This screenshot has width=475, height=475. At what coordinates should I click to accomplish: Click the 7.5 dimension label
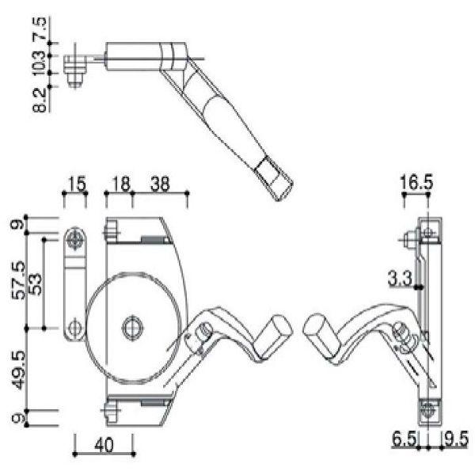(40, 28)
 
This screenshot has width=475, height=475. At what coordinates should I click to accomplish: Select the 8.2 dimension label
(40, 101)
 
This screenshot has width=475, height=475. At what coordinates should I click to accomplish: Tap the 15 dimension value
(77, 184)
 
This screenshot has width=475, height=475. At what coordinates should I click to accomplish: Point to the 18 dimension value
(121, 184)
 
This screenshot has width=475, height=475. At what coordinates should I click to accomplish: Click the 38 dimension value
(160, 184)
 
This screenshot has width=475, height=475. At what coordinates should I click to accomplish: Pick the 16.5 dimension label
(416, 183)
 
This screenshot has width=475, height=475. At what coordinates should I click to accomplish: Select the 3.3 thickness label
(400, 279)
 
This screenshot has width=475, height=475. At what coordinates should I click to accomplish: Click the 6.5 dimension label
(404, 439)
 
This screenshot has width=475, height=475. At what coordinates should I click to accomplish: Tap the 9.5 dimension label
(456, 439)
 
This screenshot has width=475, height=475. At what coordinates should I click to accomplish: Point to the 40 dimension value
(104, 445)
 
